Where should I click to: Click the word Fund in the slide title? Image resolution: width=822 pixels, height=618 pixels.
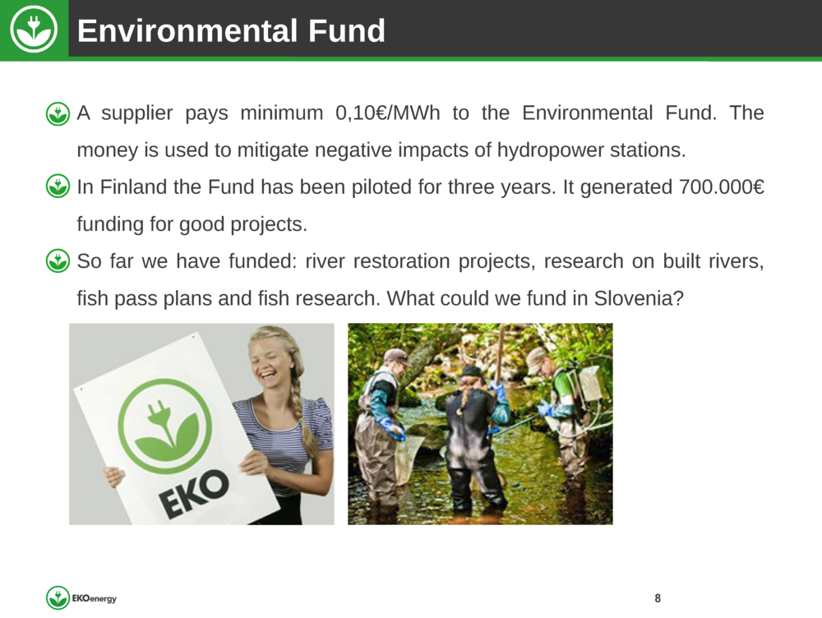pos(347,30)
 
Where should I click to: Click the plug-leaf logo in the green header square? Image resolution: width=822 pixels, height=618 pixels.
pos(34,30)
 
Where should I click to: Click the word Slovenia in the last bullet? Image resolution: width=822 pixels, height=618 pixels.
pos(639,298)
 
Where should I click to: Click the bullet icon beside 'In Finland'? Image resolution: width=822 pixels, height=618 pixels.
pos(58,187)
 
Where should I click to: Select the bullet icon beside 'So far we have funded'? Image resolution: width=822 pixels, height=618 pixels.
pos(58,261)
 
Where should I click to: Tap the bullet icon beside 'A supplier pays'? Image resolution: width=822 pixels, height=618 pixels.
pos(58,113)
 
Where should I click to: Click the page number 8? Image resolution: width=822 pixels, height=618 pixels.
pos(658,598)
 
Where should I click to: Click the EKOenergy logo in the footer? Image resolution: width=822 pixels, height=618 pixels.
pos(81,597)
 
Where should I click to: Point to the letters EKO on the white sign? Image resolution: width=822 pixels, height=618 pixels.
pos(195,493)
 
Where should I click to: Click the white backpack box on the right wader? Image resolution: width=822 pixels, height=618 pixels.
pos(590,383)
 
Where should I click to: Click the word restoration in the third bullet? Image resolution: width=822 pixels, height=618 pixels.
pos(402,261)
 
